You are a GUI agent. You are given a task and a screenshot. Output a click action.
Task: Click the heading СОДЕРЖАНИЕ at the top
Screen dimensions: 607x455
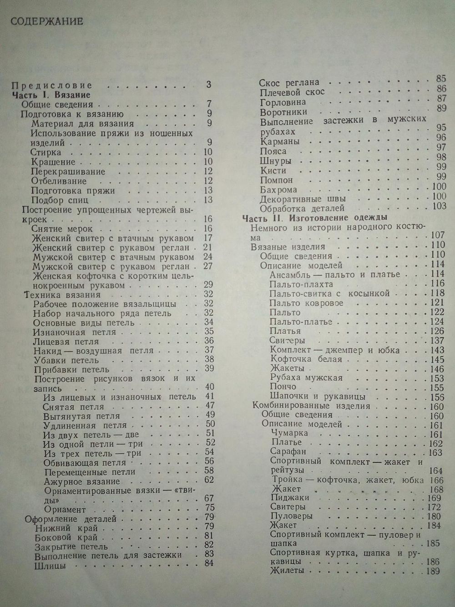click(46, 21)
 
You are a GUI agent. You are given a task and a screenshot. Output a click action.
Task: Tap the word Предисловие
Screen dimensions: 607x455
click(51, 85)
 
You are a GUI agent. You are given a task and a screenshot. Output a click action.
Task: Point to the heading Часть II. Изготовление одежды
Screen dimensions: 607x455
click(314, 218)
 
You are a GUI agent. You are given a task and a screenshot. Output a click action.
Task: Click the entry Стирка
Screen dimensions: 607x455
click(45, 153)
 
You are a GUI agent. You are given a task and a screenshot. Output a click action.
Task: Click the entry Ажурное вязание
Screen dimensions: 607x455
click(82, 481)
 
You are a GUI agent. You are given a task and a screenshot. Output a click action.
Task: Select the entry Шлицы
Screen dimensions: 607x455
click(50, 566)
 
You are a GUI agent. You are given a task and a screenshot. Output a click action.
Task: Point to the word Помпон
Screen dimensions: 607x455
click(277, 180)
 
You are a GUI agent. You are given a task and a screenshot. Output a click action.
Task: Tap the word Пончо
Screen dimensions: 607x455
click(283, 387)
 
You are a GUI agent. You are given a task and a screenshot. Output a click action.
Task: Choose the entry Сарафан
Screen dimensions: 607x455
click(288, 452)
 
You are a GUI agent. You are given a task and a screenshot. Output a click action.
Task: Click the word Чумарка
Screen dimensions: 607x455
click(289, 433)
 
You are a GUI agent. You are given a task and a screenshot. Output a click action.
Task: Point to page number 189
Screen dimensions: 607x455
click(432, 571)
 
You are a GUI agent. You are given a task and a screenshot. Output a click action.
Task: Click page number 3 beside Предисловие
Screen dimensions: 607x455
click(208, 84)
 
